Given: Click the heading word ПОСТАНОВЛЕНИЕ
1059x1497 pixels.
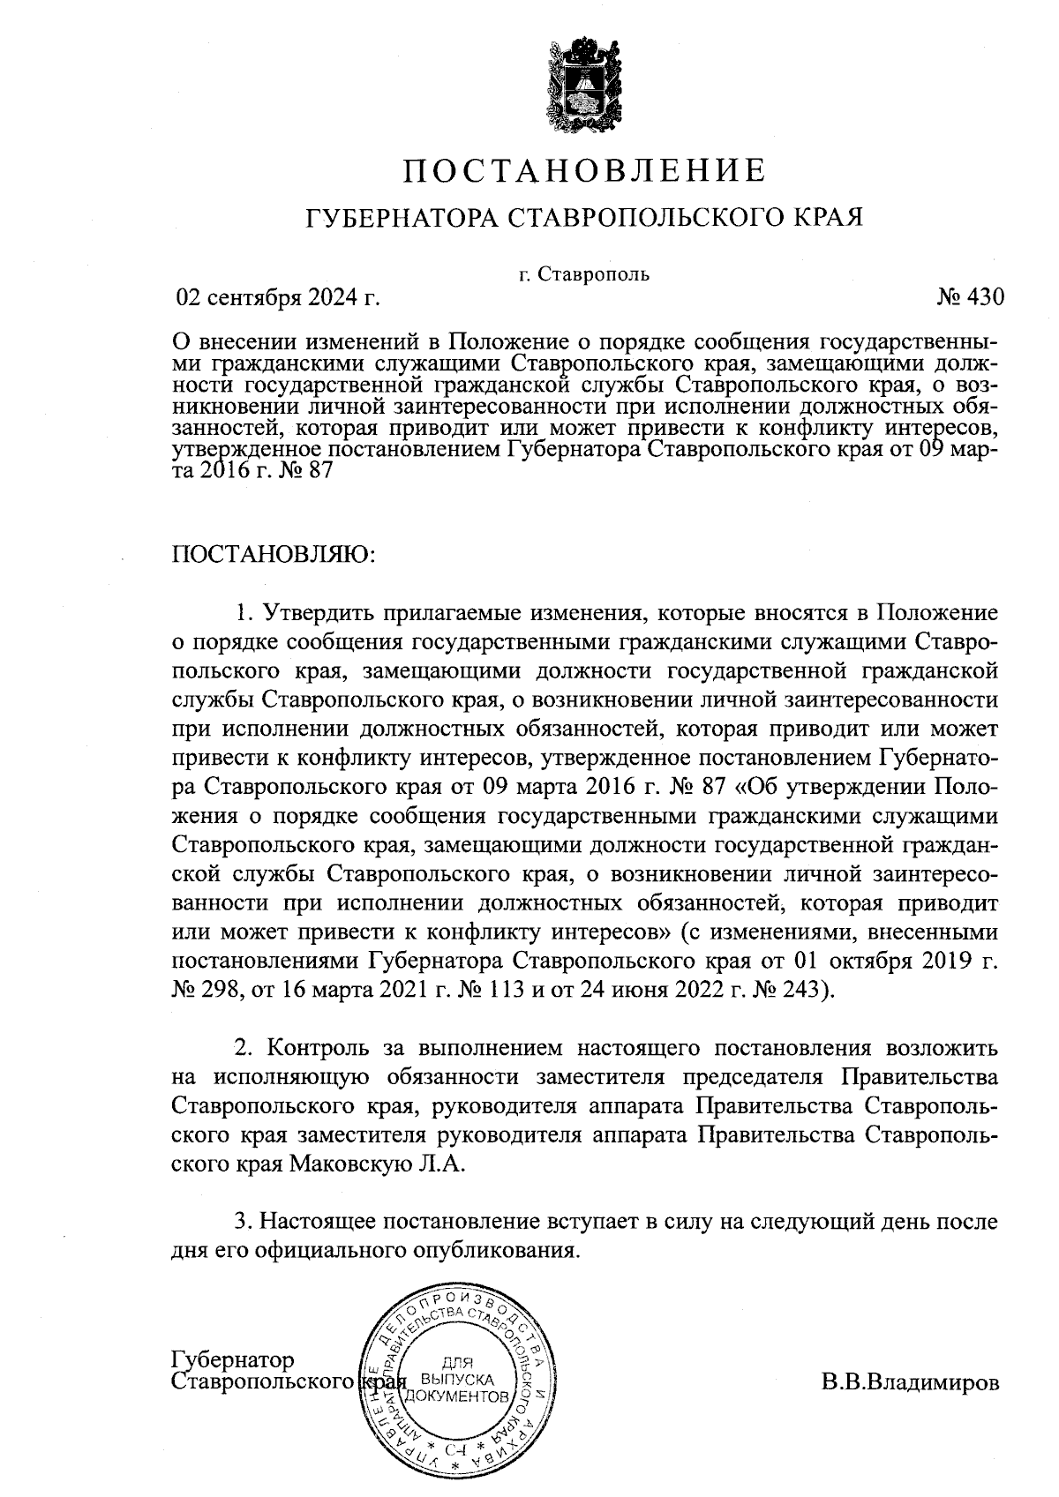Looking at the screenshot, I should click(583, 170).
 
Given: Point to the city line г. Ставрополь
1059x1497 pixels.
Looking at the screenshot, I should click(584, 273).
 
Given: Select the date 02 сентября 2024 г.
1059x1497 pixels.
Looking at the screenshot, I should click(279, 297).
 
